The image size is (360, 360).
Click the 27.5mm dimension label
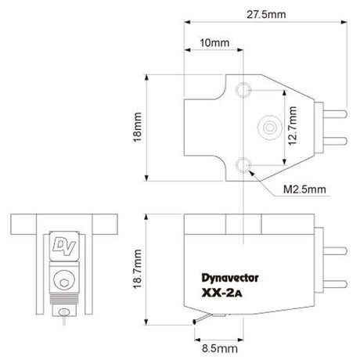coord(265,14)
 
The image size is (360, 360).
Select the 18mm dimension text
coord(138,130)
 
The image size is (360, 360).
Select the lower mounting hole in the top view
coord(248,163)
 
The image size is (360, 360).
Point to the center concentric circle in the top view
coord(269,127)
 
